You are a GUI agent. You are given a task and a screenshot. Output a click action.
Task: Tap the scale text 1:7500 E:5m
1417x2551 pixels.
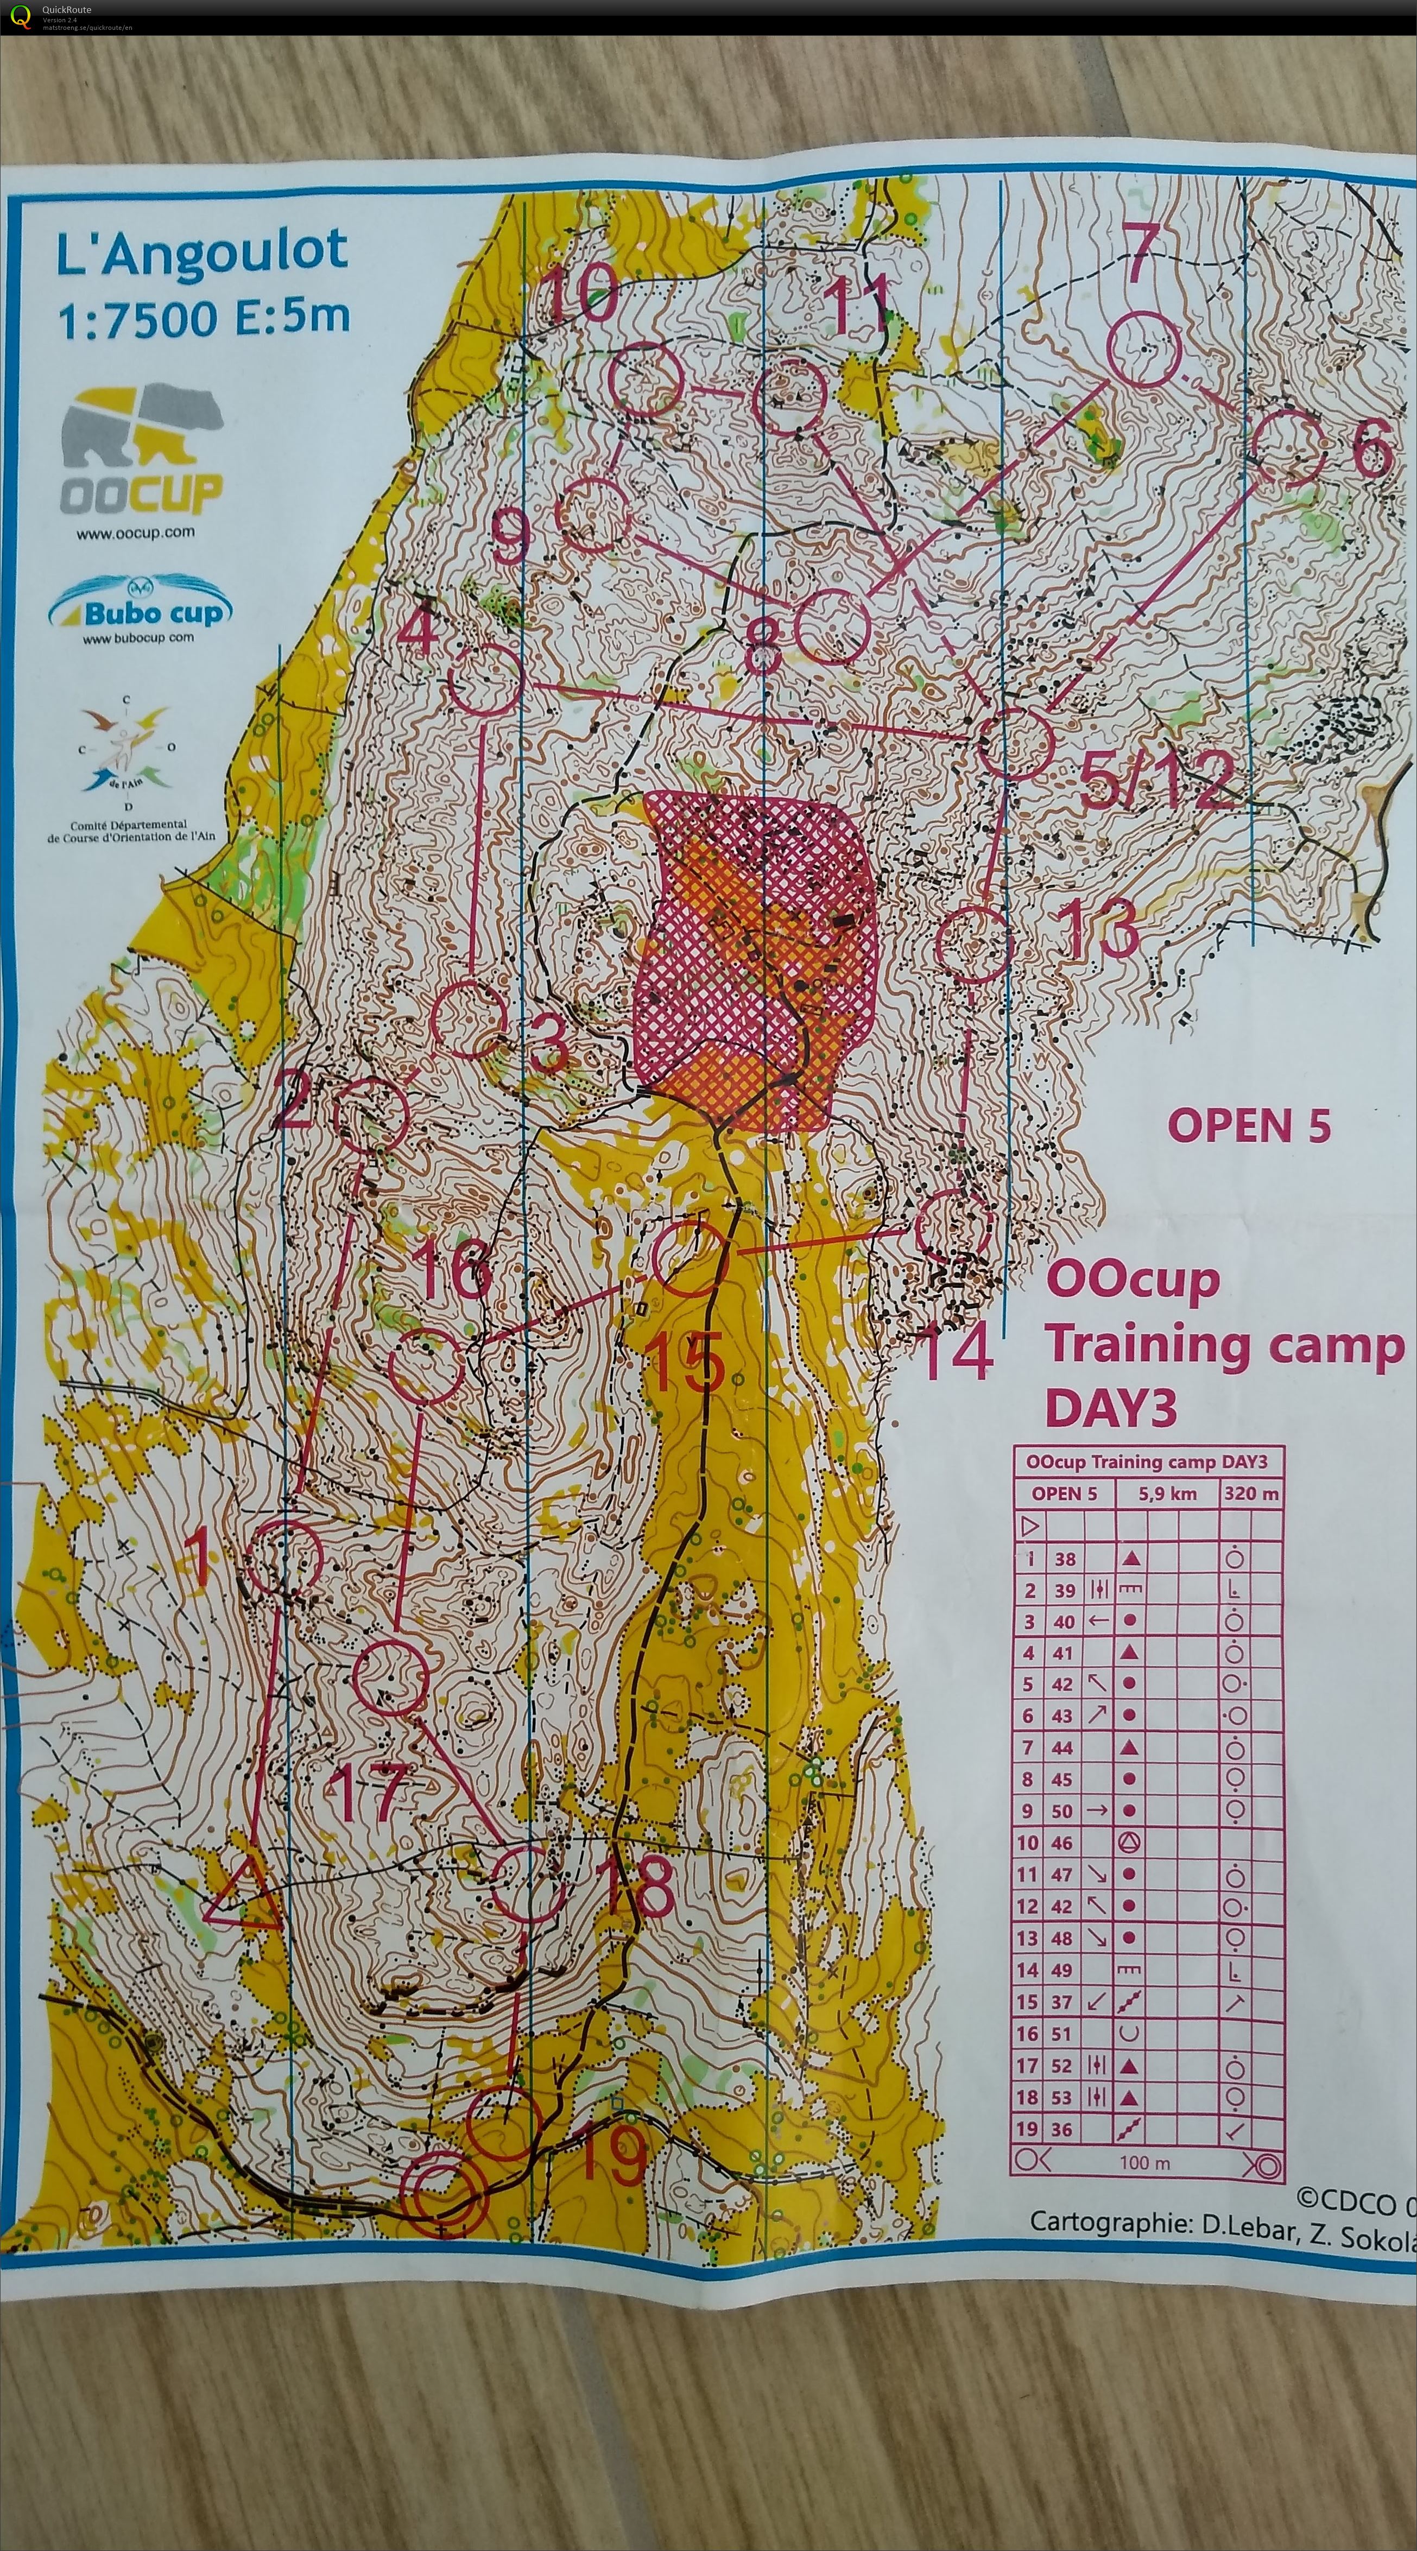pyautogui.click(x=203, y=319)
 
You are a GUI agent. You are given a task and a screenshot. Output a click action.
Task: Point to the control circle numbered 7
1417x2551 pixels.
pyautogui.click(x=1144, y=347)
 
